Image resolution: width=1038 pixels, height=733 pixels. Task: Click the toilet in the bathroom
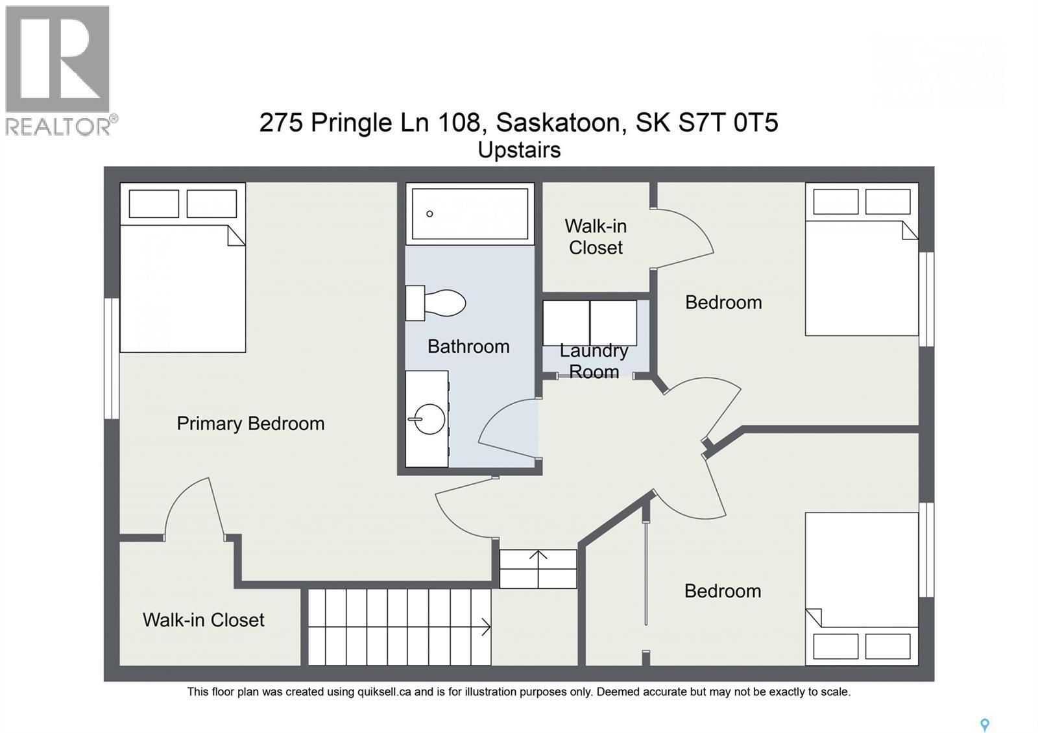437,303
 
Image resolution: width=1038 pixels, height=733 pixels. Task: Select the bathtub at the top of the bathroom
470,213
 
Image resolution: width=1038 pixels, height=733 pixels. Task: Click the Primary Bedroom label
250,424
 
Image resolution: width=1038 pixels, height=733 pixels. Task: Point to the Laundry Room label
594,361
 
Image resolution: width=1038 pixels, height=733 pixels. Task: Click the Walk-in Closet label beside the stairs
203,620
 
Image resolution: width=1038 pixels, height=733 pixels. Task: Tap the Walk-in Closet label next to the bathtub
596,237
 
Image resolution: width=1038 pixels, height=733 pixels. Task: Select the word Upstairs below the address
519,150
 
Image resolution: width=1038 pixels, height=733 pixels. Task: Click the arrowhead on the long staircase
486,627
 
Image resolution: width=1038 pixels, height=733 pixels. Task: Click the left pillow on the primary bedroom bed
154,204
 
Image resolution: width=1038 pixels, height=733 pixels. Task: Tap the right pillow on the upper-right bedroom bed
887,202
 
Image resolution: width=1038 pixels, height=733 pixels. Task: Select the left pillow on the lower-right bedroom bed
836,646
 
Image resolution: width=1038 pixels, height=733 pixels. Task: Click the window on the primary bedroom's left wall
112,358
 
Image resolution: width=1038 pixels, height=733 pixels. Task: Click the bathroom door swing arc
506,425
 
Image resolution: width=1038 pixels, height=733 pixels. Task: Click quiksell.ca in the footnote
384,692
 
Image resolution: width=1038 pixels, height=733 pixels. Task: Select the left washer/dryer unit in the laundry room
566,322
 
